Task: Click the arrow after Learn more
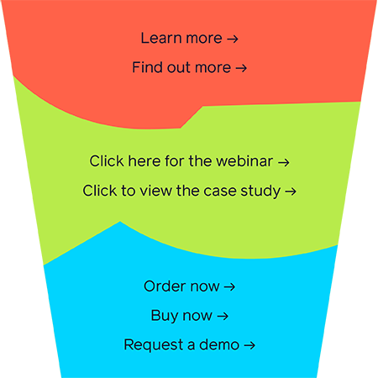[233, 39]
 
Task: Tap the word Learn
[161, 38]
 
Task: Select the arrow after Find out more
[241, 68]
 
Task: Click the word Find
[148, 67]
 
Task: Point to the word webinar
[244, 161]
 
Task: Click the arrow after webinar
[284, 162]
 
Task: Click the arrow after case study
[291, 192]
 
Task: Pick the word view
[155, 191]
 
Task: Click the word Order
[165, 286]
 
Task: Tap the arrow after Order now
[229, 287]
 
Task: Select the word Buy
[165, 316]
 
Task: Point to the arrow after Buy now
[223, 317]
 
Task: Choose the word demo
[219, 344]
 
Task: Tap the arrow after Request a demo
[249, 345]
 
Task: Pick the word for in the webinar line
[175, 161]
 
